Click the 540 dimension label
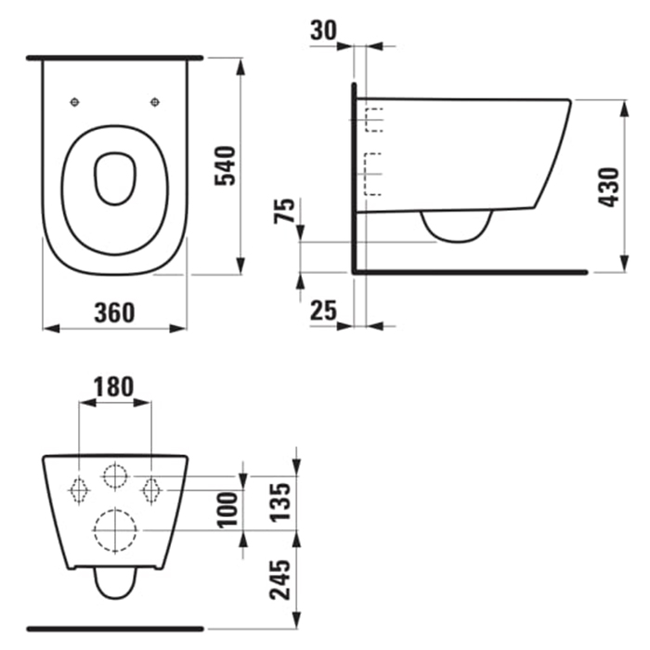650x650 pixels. [227, 165]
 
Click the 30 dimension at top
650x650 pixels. [323, 30]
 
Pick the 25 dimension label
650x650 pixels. [322, 311]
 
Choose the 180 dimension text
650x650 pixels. [115, 385]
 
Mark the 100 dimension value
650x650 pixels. [228, 509]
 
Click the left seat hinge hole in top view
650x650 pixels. [76, 102]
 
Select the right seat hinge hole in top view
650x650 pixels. [154, 102]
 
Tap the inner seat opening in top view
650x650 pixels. [115, 177]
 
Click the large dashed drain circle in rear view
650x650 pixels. [115, 530]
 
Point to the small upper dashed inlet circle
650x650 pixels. [115, 476]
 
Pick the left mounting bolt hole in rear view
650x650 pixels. [80, 487]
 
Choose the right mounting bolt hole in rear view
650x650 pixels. [150, 487]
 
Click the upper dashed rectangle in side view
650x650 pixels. [375, 120]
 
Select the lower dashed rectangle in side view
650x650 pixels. [375, 174]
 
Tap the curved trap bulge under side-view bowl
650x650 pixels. [456, 227]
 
